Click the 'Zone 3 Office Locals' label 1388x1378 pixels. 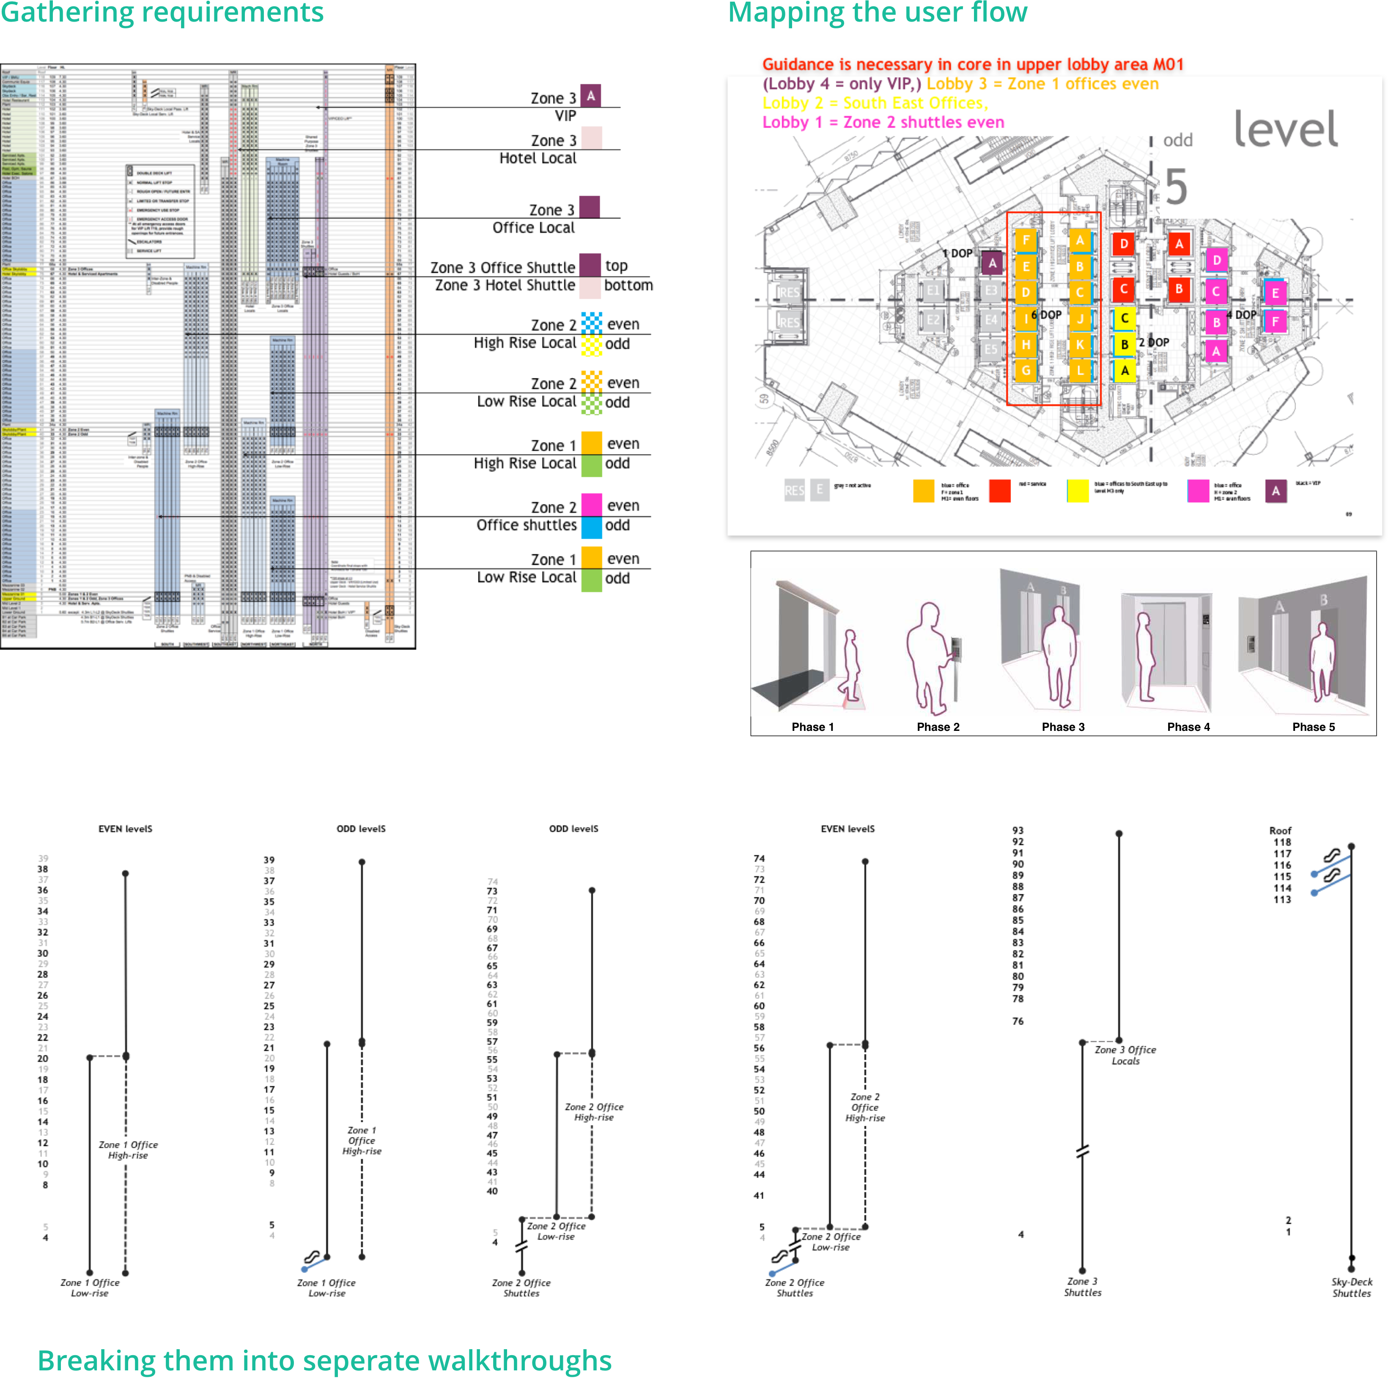tap(1125, 1055)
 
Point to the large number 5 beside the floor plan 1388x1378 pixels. tap(1175, 187)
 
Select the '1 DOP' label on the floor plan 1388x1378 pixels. tap(957, 254)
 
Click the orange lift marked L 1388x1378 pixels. tap(1079, 371)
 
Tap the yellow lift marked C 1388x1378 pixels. tap(1125, 318)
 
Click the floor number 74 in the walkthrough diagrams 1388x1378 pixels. tap(493, 881)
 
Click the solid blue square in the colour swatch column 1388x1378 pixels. tap(591, 528)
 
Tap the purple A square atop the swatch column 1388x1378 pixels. tap(590, 96)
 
